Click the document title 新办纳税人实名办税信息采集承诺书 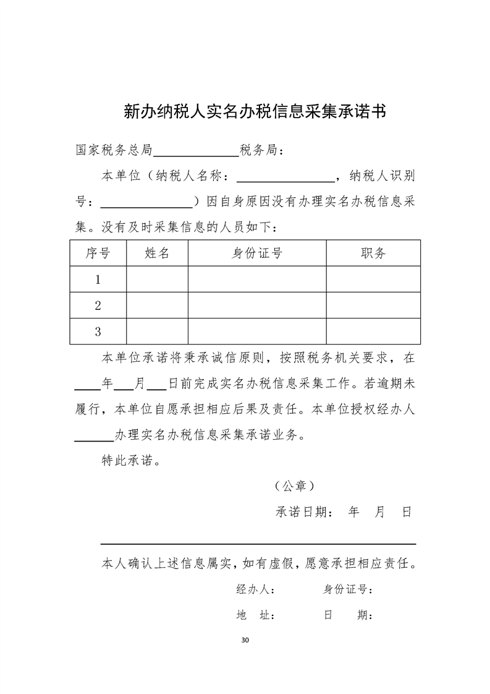click(255, 111)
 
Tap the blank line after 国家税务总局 click(196, 151)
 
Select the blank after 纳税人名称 click(285, 178)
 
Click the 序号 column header click(98, 253)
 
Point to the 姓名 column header click(157, 253)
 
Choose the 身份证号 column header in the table click(257, 253)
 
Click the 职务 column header click(373, 253)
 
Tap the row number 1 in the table click(98, 280)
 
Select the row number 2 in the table click(98, 306)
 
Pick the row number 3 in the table click(98, 332)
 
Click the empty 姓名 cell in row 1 click(157, 280)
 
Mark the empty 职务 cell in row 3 click(373, 332)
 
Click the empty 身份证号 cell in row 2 click(257, 306)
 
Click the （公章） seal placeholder click(295, 486)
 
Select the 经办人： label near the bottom click(256, 589)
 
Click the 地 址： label click(256, 615)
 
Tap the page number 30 click(245, 639)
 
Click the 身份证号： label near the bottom click(348, 589)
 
